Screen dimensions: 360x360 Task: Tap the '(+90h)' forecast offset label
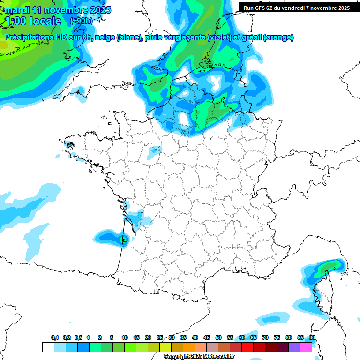point(81,21)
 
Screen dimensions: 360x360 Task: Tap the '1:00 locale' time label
point(33,21)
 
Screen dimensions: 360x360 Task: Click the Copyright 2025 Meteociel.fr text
point(199,357)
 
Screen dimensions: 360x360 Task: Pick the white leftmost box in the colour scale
point(48,347)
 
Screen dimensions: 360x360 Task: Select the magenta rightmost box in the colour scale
point(306,347)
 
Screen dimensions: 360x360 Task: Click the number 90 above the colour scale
point(312,337)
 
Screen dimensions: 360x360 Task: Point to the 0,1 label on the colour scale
point(55,337)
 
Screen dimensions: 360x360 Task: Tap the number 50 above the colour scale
point(218,337)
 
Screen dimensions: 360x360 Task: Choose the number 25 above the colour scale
point(160,337)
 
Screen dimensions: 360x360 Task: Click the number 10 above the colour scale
point(125,337)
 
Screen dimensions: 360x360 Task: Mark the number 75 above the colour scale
point(277,337)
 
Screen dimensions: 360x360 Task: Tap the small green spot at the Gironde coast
point(124,240)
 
